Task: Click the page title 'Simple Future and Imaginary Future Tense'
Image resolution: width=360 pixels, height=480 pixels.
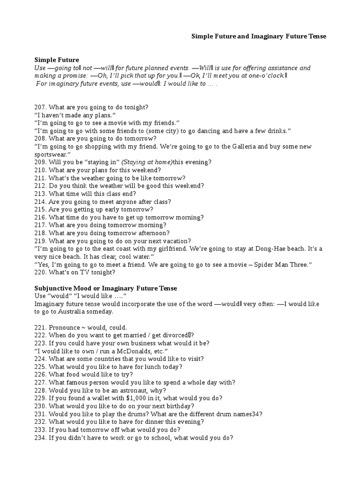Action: tap(258, 36)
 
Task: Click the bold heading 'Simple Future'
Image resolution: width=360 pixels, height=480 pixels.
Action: tap(57, 60)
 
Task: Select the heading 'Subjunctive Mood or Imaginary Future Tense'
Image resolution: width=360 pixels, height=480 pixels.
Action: tap(105, 287)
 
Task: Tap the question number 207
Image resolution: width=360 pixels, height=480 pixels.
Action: tap(40, 107)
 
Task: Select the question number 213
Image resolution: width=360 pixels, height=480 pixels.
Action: tap(40, 194)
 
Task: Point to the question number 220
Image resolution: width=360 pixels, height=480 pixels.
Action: tap(40, 272)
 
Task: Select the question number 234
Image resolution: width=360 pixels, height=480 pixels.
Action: tap(40, 438)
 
